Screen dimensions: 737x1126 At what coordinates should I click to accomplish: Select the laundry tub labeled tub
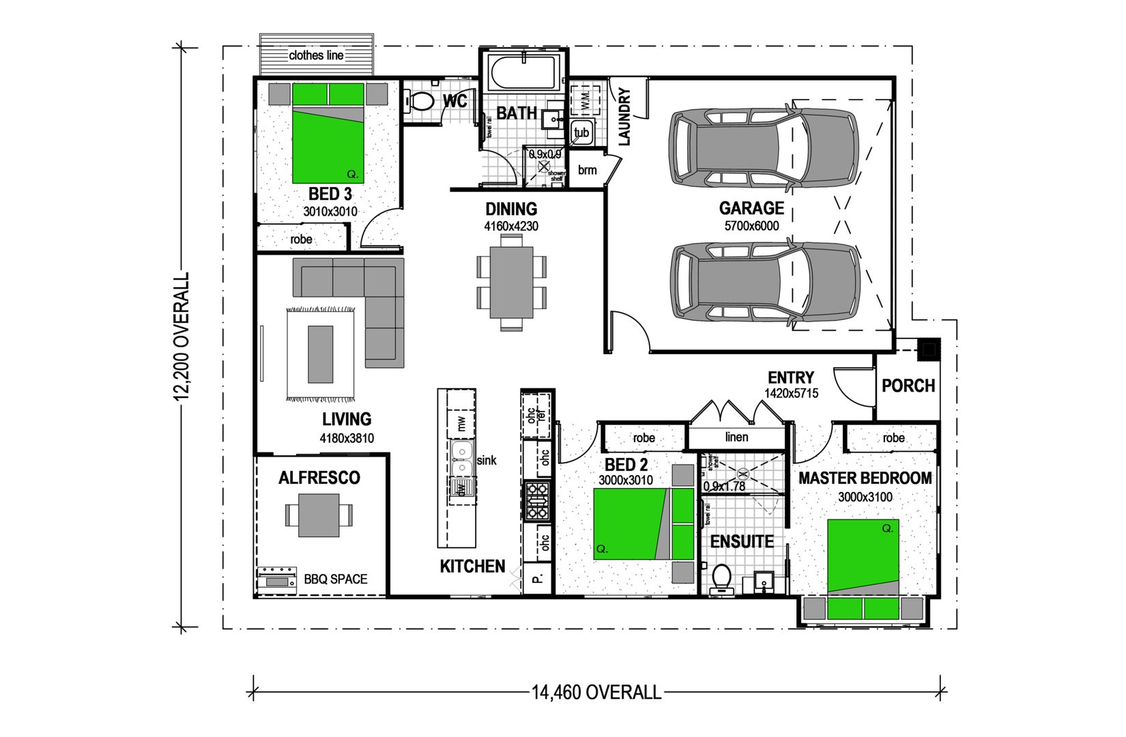coord(581,132)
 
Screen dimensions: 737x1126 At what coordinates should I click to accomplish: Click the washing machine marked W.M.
coord(584,100)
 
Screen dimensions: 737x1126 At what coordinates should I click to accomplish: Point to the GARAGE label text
coord(751,208)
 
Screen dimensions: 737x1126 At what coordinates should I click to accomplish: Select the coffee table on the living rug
coord(321,353)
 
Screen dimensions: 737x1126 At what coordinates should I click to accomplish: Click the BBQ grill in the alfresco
coord(276,579)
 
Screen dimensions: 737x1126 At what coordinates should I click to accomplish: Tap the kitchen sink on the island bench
coord(461,459)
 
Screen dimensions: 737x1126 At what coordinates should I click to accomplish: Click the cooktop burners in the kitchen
coord(537,500)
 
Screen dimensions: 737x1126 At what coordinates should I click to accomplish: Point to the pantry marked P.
coord(537,579)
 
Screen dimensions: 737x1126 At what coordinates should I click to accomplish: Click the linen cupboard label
coord(736,437)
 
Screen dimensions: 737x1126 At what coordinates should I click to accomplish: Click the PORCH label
coord(908,386)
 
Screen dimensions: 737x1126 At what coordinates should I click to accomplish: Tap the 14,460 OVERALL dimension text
coord(596,693)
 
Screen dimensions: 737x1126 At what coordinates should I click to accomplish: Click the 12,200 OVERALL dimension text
coord(182,336)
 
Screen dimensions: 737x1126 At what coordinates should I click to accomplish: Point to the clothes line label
coord(316,55)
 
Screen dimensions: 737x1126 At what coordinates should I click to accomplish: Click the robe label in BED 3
coord(301,240)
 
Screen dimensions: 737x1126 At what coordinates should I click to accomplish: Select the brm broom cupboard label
coord(587,170)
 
